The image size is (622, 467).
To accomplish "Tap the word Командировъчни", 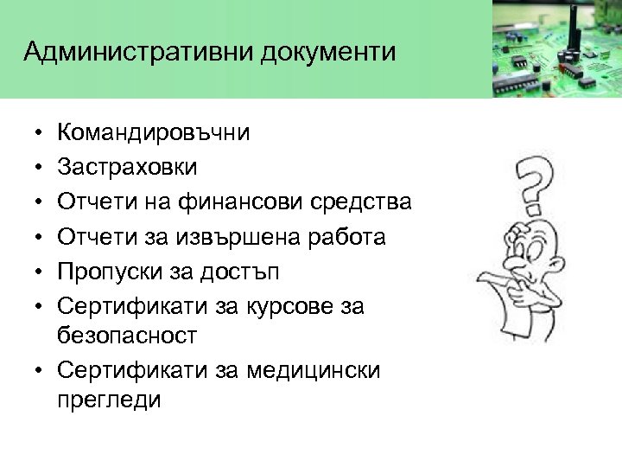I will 153,132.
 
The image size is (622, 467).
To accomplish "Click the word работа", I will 345,235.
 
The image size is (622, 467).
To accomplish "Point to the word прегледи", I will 108,401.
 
